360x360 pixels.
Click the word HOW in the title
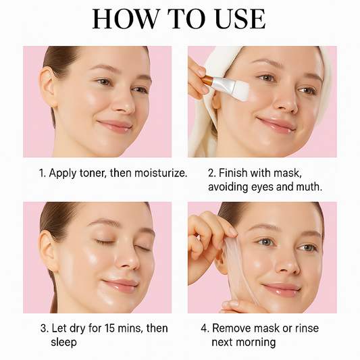point(122,18)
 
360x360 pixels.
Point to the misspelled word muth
point(307,187)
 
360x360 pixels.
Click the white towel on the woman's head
point(203,128)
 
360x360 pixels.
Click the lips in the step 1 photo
point(113,126)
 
